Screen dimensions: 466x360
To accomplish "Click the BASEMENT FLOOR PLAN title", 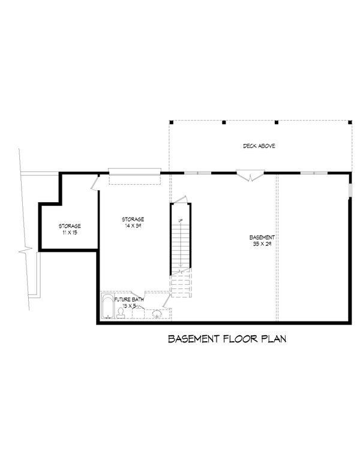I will click(x=227, y=339).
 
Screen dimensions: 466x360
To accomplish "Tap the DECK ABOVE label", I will click(x=259, y=146).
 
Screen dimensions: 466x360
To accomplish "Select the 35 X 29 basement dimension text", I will click(x=262, y=245).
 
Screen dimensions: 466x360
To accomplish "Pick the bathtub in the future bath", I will click(x=108, y=307).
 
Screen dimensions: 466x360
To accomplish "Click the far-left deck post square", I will click(x=172, y=122).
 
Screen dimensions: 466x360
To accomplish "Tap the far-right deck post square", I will click(x=349, y=122).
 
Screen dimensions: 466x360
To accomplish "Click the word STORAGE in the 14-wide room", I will click(x=133, y=219).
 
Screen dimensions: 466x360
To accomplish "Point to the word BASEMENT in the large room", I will click(x=262, y=237).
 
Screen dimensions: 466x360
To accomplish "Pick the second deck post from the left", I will click(x=224, y=122).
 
